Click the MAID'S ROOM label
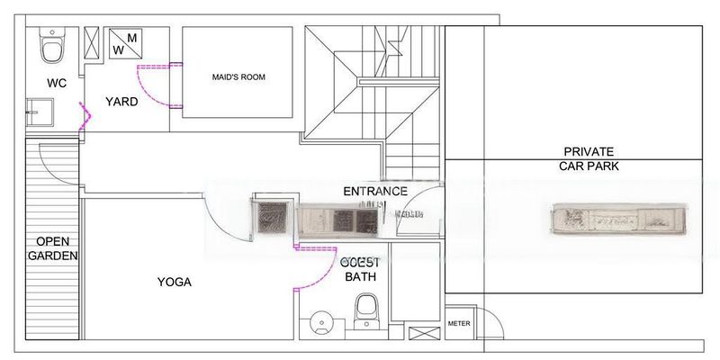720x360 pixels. tap(238, 77)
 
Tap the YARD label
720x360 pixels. tap(121, 102)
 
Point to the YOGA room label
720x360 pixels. tap(175, 282)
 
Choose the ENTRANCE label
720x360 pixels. tap(375, 191)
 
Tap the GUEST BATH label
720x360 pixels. tap(361, 268)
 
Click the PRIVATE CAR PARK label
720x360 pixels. tap(590, 158)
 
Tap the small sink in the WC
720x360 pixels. tap(37, 113)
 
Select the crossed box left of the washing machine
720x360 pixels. tap(93, 42)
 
